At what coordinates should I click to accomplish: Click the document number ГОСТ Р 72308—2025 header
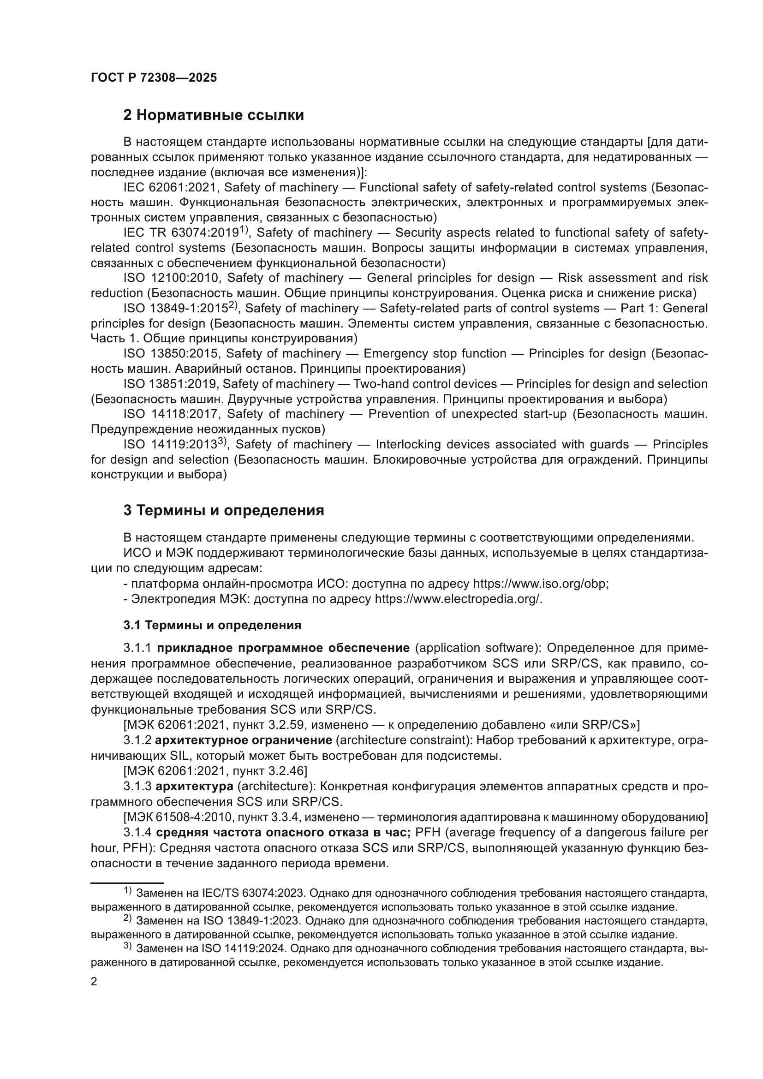[154, 78]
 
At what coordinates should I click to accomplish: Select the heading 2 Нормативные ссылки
[213, 115]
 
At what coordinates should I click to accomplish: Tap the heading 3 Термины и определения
[224, 510]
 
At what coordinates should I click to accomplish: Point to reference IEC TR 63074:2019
[181, 232]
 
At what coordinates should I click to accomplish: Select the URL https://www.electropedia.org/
[458, 599]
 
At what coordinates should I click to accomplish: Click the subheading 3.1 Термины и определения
[212, 626]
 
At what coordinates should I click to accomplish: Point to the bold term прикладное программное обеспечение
[283, 648]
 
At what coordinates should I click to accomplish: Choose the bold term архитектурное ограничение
[244, 740]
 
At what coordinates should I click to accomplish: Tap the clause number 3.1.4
[137, 832]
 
